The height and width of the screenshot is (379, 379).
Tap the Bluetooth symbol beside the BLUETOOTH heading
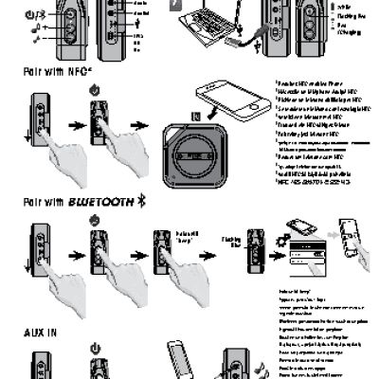click(x=141, y=201)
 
